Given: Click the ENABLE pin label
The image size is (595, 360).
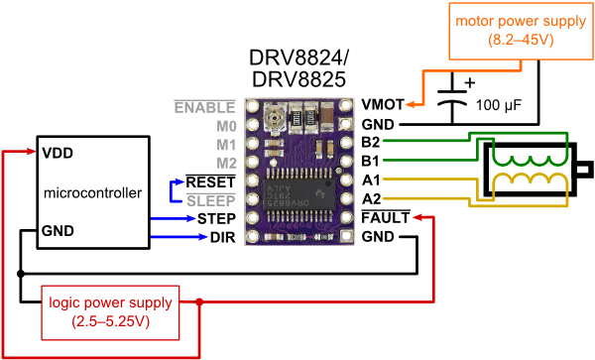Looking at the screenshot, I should (x=204, y=106).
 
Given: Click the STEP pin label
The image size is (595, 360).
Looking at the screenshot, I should (x=215, y=217).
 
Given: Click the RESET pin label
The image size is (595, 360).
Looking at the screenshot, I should (x=211, y=181).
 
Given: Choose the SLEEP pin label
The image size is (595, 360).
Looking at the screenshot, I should (x=211, y=199).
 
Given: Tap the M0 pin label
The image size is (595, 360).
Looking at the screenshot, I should (x=225, y=125).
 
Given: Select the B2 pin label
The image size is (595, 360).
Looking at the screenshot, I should (x=371, y=143).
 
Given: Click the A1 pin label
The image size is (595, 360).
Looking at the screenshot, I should (x=371, y=180).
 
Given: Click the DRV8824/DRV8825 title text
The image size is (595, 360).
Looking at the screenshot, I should (x=297, y=66).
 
